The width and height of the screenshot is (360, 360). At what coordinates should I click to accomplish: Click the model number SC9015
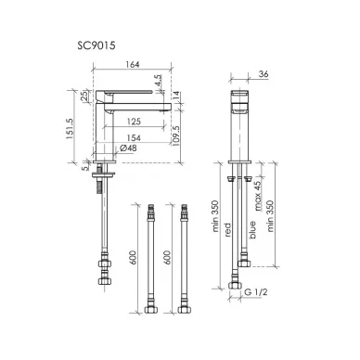coord(96,45)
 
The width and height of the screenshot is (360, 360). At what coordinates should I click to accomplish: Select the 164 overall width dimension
coord(133,65)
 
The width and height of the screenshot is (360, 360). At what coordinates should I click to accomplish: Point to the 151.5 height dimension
coord(71,128)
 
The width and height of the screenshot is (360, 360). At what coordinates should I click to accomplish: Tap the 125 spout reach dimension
coord(134,122)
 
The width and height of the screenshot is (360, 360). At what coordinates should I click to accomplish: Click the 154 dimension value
coord(134,137)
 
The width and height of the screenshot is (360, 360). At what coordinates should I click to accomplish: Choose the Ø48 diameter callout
coord(128,148)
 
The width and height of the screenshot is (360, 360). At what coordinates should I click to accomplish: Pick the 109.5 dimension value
coord(175,136)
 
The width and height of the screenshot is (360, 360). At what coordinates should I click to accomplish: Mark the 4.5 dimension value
coord(158,81)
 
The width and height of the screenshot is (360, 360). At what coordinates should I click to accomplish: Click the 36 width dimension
coord(264,74)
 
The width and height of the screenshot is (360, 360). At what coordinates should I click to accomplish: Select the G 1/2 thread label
coord(256,291)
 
